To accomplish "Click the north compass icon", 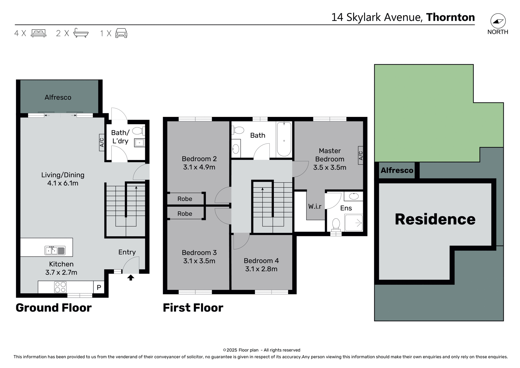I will click(x=498, y=21).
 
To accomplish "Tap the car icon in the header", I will click(x=121, y=33).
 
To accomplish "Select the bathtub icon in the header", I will click(x=81, y=33).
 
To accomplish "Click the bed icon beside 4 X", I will click(x=38, y=33).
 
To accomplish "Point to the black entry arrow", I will click(x=131, y=278).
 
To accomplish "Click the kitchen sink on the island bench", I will click(x=55, y=250).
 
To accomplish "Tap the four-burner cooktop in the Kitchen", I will click(x=60, y=287).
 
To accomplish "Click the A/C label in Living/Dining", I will click(x=102, y=142).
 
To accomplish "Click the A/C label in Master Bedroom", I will click(x=360, y=155).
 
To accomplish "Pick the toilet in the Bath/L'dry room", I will click(x=138, y=131).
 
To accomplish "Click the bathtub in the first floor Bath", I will click(x=284, y=139).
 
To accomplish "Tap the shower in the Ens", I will click(x=354, y=223).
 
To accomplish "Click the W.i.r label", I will click(x=315, y=207).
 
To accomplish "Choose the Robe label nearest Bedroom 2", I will click(x=185, y=199).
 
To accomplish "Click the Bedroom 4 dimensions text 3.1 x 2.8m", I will click(x=261, y=269).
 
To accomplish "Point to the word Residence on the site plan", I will click(x=435, y=219).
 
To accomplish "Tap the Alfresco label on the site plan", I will click(x=397, y=171).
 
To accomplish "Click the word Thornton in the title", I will click(x=450, y=17).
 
